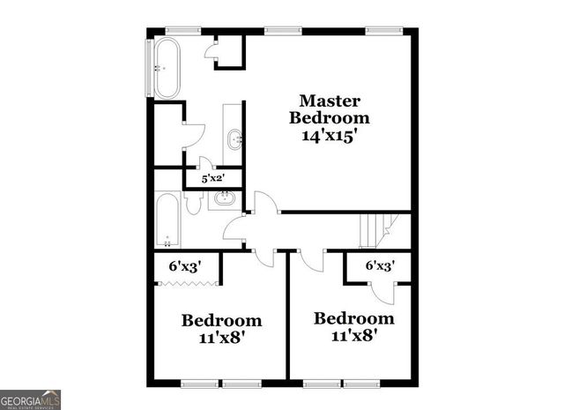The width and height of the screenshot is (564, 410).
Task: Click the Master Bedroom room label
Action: click(x=330, y=109)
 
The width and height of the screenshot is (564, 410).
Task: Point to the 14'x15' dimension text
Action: click(x=330, y=136)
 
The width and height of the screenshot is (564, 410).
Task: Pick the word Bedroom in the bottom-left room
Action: click(x=222, y=320)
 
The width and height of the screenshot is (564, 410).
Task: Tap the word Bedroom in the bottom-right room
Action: click(x=354, y=318)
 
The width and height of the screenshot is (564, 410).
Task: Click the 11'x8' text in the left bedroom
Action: click(x=222, y=337)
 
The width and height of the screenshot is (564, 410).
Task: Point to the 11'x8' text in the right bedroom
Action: click(x=354, y=335)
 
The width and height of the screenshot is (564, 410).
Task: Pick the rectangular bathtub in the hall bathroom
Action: click(x=167, y=220)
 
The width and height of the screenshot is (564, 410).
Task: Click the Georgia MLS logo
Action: click(x=31, y=399)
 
